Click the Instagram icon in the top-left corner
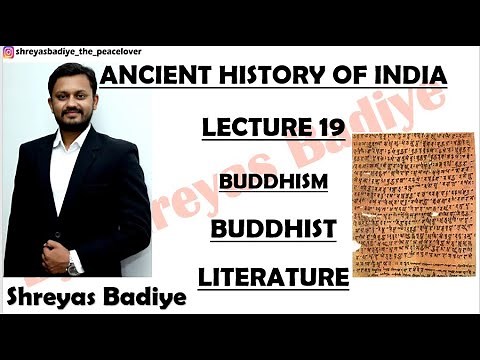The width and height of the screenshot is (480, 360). (8, 52)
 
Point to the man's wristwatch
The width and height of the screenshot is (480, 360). (72, 267)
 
